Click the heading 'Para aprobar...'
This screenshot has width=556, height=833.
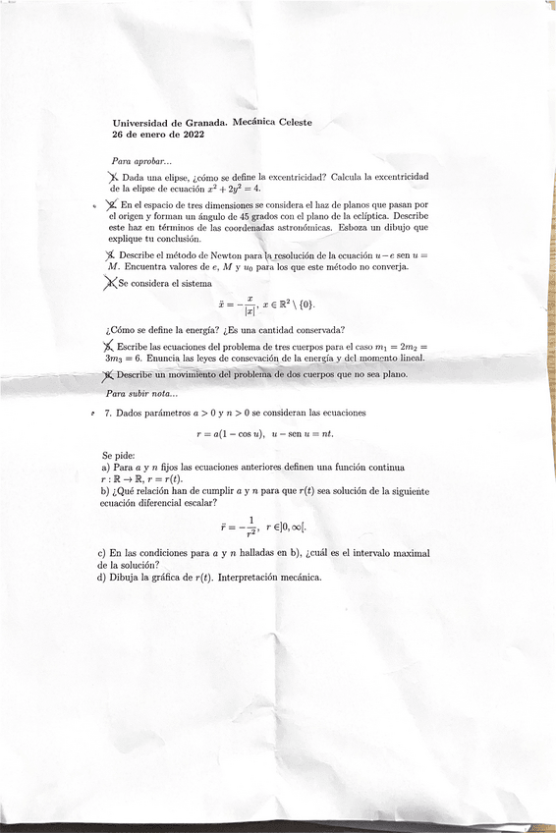[141, 160]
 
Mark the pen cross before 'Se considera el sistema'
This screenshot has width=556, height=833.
[109, 283]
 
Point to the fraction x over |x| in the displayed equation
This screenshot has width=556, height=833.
[250, 305]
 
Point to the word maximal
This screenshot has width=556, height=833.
[408, 554]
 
